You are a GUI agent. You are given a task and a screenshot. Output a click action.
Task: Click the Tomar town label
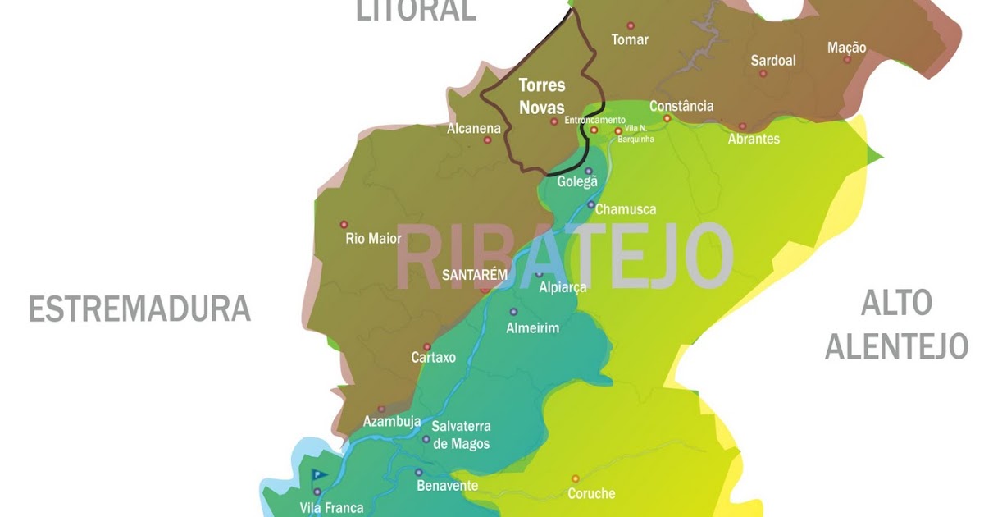point(630,39)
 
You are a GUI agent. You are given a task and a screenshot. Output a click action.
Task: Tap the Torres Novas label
point(542,96)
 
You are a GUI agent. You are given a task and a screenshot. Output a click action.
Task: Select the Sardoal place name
point(773,60)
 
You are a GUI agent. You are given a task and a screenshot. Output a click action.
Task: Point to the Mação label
point(846,48)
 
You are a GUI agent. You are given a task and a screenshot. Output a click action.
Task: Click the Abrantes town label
point(754,139)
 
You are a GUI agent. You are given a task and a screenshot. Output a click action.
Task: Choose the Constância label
point(681,106)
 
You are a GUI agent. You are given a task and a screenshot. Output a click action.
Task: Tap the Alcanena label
point(474,129)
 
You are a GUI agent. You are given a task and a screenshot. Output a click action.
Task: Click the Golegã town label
point(577,181)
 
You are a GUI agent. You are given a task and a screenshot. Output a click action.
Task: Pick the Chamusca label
point(626,209)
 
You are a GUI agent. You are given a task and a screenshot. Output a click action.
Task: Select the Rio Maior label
point(374,239)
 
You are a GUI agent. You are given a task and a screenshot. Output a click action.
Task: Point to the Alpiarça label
point(563,288)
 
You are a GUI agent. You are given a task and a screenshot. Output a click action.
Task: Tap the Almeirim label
point(533,328)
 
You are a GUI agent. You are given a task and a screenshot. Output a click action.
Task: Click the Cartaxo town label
point(433,358)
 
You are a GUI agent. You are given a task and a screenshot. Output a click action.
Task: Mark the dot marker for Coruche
point(575,478)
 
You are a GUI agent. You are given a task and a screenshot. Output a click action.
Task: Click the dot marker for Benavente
point(418,473)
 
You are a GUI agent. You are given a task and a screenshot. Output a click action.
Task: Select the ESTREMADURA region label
point(139,309)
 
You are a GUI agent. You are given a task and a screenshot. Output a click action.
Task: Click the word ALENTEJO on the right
point(896,347)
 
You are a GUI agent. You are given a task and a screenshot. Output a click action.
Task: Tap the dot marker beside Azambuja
point(381,409)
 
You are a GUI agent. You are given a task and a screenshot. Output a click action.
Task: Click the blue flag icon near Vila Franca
point(318,474)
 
